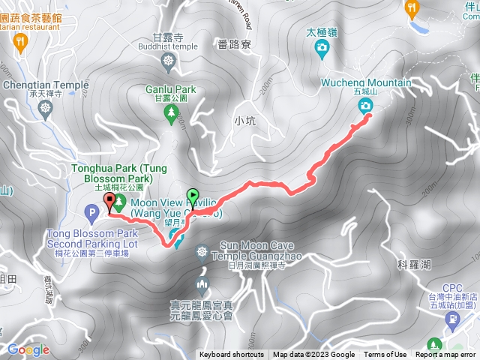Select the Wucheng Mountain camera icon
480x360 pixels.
pos(366,106)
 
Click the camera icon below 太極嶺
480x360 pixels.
pos(322,49)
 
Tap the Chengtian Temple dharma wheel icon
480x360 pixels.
pos(47,109)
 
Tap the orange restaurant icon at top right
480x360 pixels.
pos(411,8)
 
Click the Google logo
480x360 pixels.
pos(28,349)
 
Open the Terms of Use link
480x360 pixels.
pos(385,355)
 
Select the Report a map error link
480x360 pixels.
pos(447,355)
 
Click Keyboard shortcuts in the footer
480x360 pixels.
pos(231,355)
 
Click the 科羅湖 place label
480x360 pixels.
pos(415,264)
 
